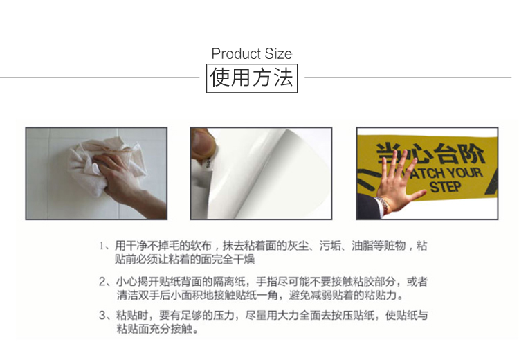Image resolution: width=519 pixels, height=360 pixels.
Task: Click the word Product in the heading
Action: click(237, 54)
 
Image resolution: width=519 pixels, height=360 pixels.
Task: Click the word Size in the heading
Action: click(278, 54)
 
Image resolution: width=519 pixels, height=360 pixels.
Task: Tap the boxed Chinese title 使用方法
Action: click(252, 78)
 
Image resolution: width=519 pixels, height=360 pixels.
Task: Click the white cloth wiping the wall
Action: click(99, 165)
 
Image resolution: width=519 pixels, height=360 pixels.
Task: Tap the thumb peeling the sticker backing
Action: click(202, 144)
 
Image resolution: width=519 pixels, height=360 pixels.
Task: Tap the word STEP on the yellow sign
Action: click(446, 187)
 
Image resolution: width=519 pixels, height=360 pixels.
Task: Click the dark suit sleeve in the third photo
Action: click(369, 206)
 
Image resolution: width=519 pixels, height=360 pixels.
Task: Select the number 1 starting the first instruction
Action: click(102, 245)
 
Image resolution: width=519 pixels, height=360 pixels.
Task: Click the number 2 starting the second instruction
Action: click(102, 282)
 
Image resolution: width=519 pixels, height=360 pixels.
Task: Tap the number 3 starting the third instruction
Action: click(102, 315)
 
